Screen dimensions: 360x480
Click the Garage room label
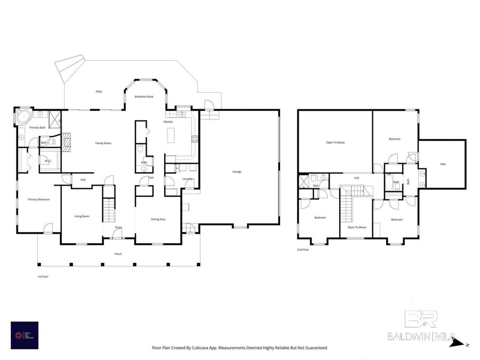237,172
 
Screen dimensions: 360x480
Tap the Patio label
99,92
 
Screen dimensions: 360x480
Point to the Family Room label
103,143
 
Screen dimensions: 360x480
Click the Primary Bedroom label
38,199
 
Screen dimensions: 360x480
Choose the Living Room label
82,216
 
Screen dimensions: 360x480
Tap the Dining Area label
158,219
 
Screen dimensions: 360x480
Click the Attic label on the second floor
443,164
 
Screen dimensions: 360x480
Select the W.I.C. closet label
47,161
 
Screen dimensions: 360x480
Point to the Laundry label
187,179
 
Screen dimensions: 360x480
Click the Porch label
118,254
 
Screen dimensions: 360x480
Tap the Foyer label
118,227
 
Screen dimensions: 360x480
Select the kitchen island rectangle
171,136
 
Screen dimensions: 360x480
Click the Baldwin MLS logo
421,326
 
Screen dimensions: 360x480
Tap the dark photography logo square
25,334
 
